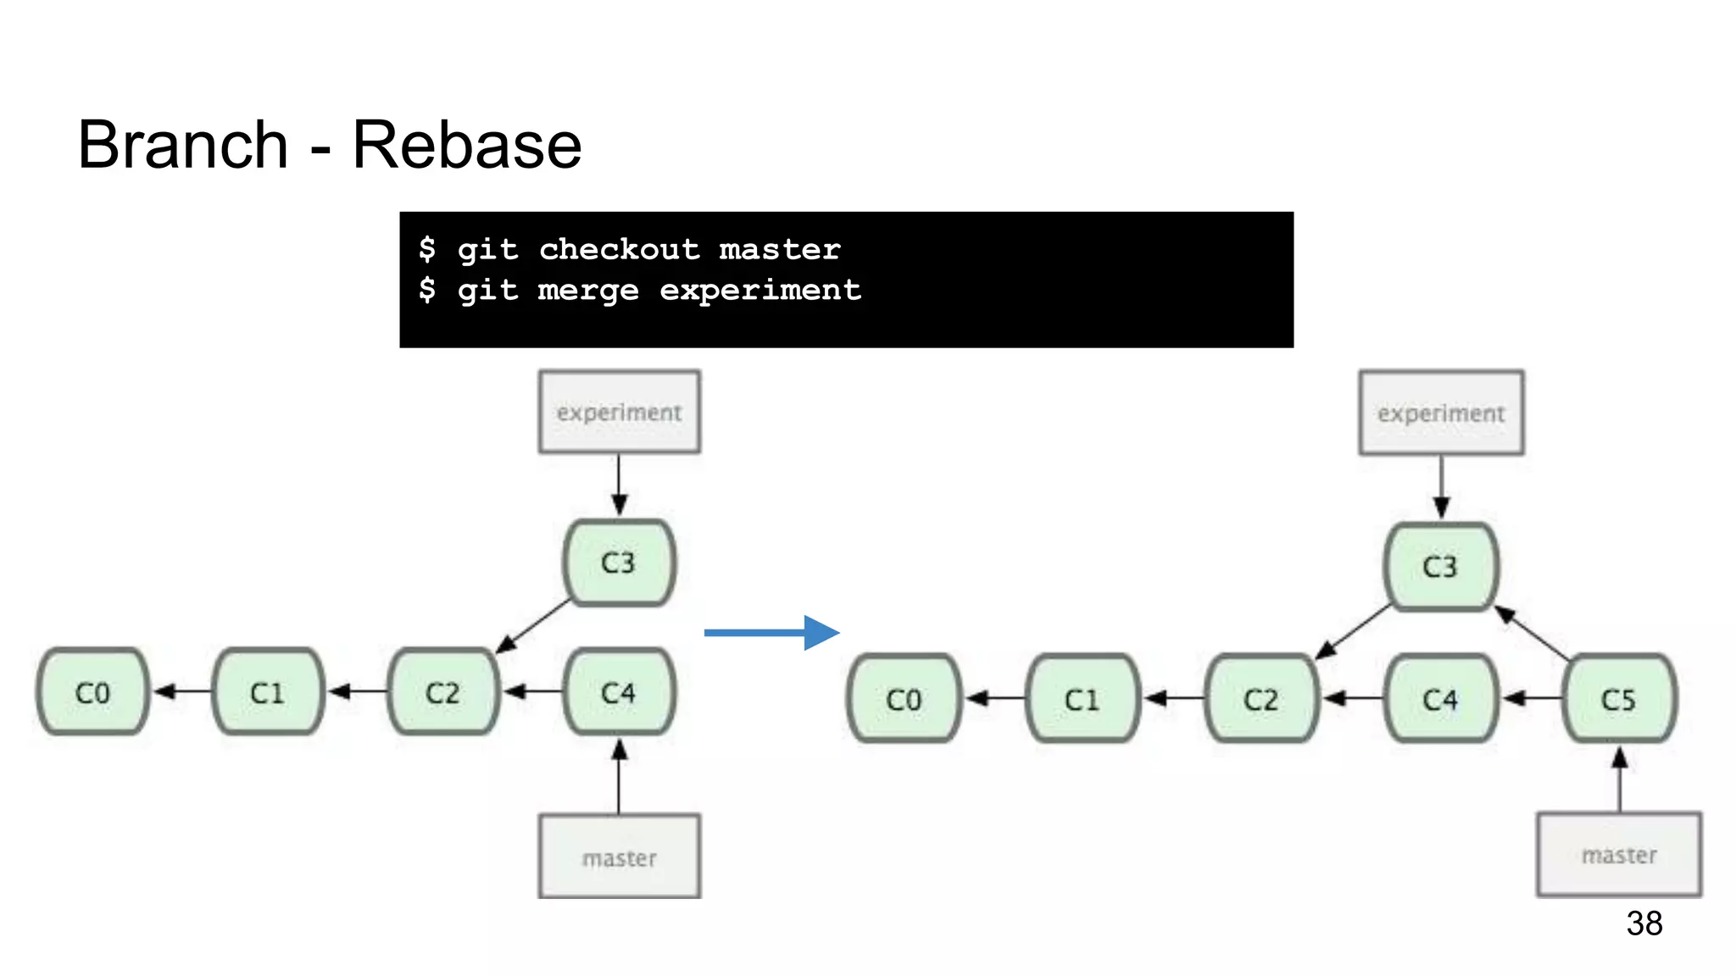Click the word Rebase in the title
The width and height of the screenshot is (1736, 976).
466,145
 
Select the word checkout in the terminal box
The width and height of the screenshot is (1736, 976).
619,249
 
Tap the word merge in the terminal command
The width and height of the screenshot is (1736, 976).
587,291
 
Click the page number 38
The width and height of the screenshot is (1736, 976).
1644,923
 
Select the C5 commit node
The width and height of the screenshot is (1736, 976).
1618,699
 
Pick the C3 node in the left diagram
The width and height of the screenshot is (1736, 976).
619,563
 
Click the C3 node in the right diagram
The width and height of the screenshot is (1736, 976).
1440,566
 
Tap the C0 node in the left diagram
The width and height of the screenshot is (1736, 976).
92,692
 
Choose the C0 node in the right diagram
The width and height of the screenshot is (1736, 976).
904,699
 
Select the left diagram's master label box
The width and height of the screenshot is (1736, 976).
619,857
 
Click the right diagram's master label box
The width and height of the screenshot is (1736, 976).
1618,854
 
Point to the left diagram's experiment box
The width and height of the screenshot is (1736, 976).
619,412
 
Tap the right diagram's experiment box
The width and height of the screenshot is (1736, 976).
1441,413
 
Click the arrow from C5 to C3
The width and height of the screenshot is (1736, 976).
1533,634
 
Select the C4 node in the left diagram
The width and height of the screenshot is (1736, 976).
619,692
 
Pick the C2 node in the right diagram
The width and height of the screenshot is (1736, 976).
1260,699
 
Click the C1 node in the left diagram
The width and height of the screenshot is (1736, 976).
268,692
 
